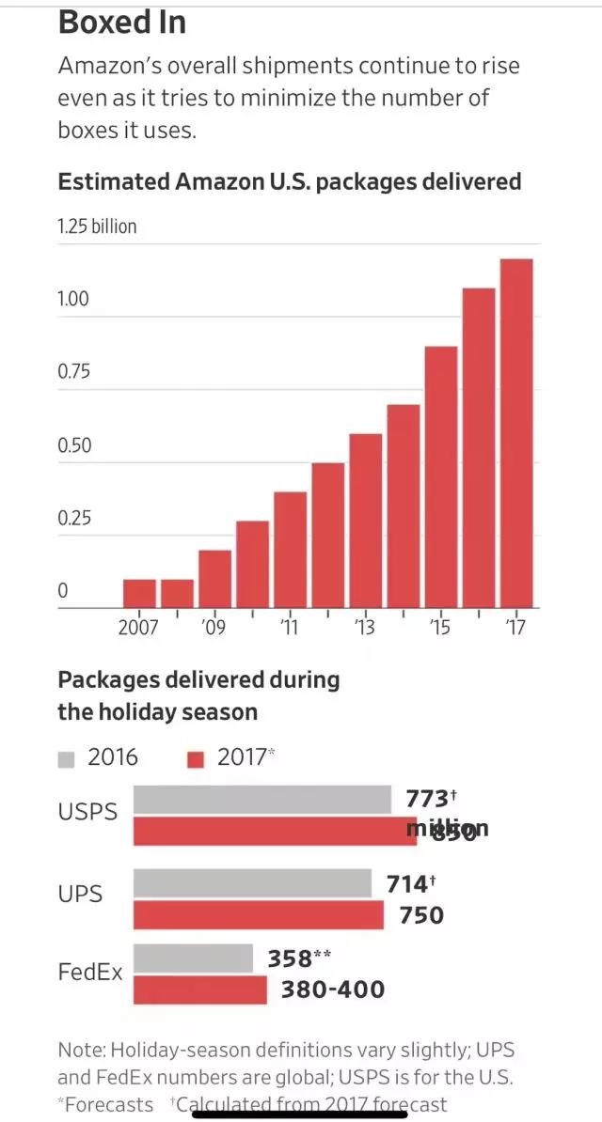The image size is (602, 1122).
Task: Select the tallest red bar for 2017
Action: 515,432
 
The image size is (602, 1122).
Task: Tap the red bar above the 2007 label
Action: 139,593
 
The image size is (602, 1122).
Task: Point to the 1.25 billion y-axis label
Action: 97,226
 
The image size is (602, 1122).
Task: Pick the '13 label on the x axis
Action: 364,627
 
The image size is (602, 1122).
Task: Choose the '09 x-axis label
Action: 214,627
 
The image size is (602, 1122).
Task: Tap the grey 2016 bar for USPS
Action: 261,800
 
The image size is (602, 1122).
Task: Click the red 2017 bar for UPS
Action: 258,915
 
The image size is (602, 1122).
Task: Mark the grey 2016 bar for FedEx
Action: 193,958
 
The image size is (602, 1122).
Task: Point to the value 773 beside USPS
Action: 428,799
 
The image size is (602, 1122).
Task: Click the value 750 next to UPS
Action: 421,915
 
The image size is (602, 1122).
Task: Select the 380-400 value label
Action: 332,990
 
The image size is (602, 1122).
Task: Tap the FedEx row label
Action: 90,973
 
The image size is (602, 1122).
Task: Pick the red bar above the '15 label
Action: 440,476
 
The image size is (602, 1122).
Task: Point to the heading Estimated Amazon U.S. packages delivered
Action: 289,181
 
